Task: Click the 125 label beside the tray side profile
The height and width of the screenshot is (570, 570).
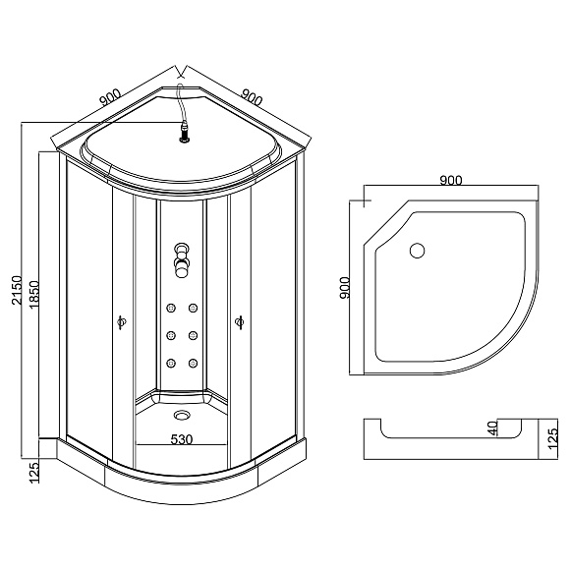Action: [x=553, y=432]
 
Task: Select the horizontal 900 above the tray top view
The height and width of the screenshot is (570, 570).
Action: [x=451, y=180]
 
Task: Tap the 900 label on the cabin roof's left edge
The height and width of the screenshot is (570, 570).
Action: [x=109, y=95]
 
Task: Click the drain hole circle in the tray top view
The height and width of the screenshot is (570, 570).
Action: [x=416, y=251]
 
